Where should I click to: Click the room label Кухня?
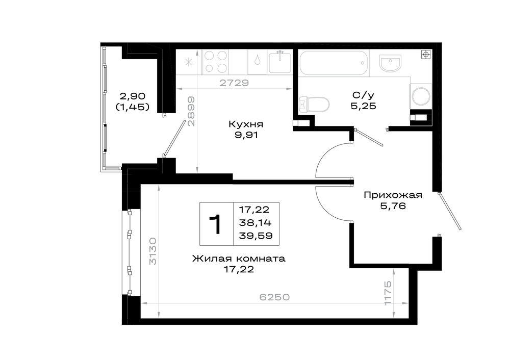[x=246, y=124]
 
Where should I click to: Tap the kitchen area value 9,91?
[x=246, y=135]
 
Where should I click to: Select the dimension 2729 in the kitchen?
[x=234, y=83]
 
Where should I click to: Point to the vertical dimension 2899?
[x=192, y=111]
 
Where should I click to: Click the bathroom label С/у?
[x=363, y=95]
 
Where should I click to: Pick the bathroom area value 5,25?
[x=363, y=106]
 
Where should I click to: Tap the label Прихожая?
[x=393, y=195]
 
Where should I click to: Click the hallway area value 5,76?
[x=393, y=206]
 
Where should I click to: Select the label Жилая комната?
[x=239, y=259]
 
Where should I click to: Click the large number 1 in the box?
[x=215, y=224]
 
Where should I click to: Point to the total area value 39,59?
[x=256, y=236]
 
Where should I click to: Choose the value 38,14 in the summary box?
[x=255, y=223]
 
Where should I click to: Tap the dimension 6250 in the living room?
[x=274, y=297]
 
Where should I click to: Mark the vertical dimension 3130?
[x=153, y=251]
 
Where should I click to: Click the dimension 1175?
[x=388, y=293]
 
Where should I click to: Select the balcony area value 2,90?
[x=133, y=96]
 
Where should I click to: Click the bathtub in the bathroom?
[x=334, y=63]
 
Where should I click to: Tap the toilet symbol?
[x=314, y=105]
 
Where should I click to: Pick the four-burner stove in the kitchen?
[x=215, y=62]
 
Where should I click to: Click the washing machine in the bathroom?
[x=421, y=96]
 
